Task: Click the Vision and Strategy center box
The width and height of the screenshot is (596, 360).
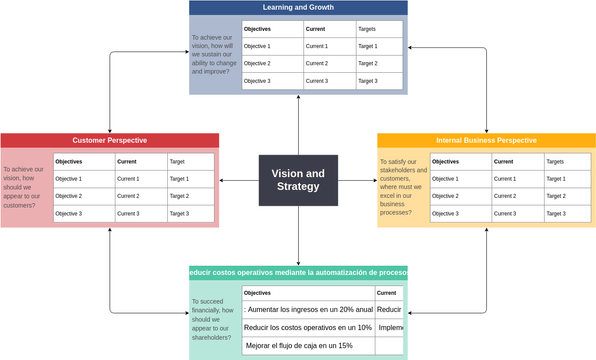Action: coord(298,180)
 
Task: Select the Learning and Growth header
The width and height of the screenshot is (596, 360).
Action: coord(298,8)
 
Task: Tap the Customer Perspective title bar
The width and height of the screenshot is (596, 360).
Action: coord(109,140)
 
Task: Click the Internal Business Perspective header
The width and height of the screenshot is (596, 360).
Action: coord(486,140)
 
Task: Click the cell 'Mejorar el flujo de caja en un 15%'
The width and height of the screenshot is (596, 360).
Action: coord(299,346)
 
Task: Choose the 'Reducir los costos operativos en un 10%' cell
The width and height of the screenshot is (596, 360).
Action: coord(308,328)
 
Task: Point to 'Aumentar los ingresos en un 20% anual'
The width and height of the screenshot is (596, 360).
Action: coord(308,310)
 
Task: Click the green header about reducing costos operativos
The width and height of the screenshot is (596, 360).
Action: coord(298,273)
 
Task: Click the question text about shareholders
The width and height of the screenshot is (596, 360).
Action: coord(212,319)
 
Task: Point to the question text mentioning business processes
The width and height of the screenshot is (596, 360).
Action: coord(403,187)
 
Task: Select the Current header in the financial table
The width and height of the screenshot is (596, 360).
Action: coord(387,293)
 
